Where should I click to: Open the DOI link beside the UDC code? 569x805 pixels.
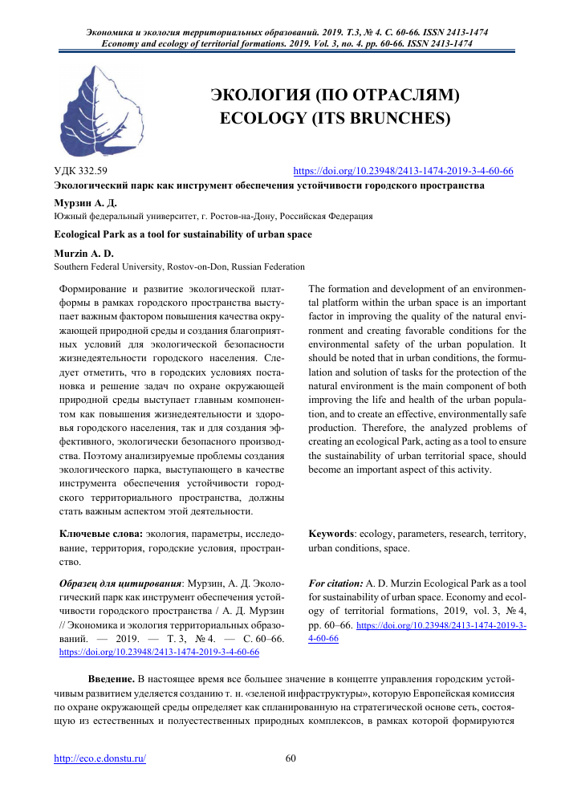(403, 171)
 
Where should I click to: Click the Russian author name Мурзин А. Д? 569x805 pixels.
(85, 203)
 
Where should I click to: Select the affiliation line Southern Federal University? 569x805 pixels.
(179, 266)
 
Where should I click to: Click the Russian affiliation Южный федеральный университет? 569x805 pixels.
(213, 216)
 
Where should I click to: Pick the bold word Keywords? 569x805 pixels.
(331, 534)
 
